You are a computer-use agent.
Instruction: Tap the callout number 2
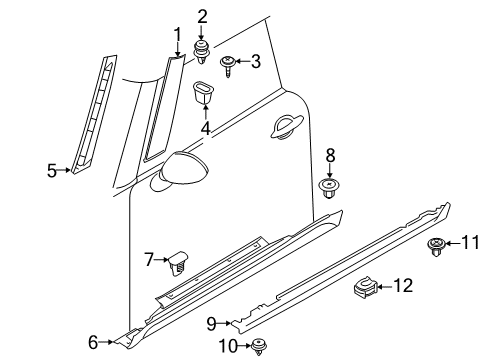pos(202,15)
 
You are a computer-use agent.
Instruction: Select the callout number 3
pos(256,61)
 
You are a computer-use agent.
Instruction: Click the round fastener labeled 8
pos(330,188)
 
